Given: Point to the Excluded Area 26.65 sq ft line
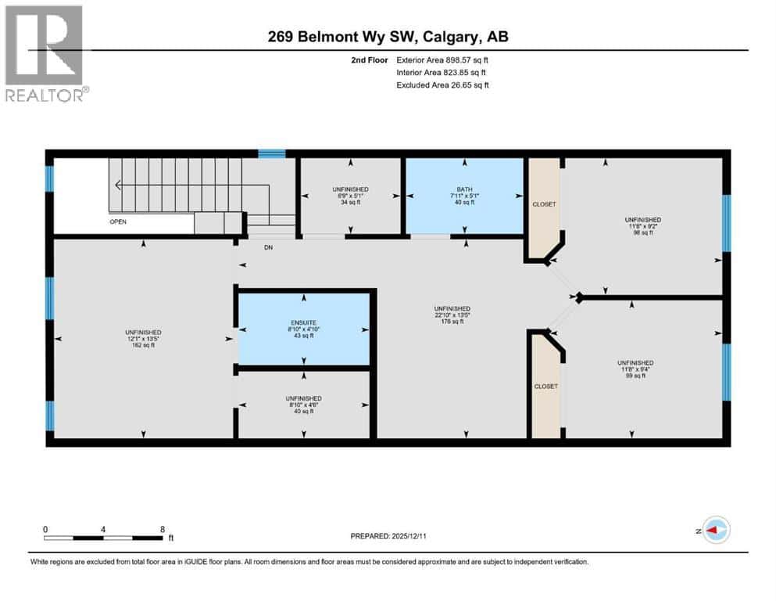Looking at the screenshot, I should pos(442,85).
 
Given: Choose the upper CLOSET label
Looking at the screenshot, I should pos(544,204).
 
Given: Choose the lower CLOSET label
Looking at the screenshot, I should pos(545,387).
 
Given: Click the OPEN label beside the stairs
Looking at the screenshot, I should pos(118,221).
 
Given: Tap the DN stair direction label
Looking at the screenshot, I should pos(268,247).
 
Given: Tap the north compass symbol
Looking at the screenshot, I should pos(715,531).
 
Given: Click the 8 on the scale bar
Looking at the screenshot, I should pos(162,528).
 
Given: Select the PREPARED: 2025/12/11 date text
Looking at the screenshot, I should pos(388,536).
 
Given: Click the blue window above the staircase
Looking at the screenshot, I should pos(272,153).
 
